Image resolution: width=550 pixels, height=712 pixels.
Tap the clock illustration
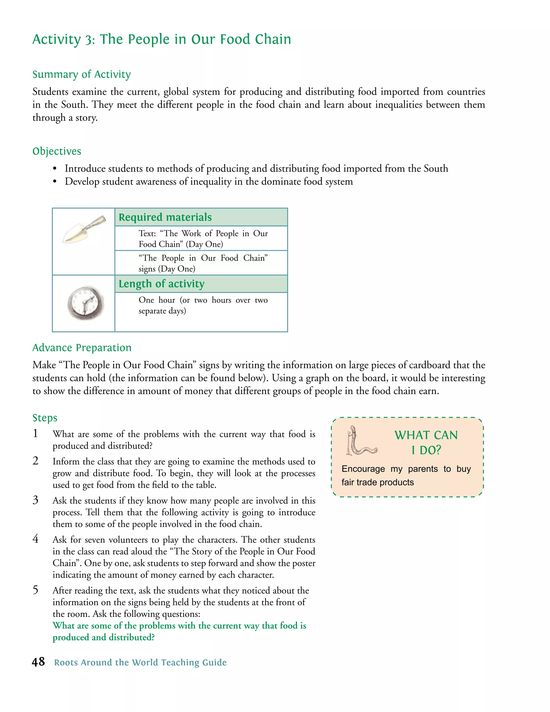pos(85,303)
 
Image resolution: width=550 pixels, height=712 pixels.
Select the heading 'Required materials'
pos(165,217)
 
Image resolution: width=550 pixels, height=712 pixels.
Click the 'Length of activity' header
pos(161,284)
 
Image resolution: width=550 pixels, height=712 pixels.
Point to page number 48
pos(38,662)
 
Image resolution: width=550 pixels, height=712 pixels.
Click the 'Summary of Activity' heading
pos(81,74)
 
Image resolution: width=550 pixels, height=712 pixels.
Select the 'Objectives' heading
pos(57,151)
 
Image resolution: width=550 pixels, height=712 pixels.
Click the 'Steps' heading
pos(45,418)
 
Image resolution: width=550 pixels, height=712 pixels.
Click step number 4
pos(35,539)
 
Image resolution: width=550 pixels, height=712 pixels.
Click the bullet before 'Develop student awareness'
pos(55,182)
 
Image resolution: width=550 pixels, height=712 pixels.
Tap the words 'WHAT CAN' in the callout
pos(426,435)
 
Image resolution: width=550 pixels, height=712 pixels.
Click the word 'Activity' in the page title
pos(56,39)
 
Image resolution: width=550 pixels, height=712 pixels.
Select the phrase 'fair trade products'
pos(377,482)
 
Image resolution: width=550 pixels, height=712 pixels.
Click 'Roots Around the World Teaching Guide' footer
pos(140,663)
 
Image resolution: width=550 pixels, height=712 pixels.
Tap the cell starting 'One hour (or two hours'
pos(203,305)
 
